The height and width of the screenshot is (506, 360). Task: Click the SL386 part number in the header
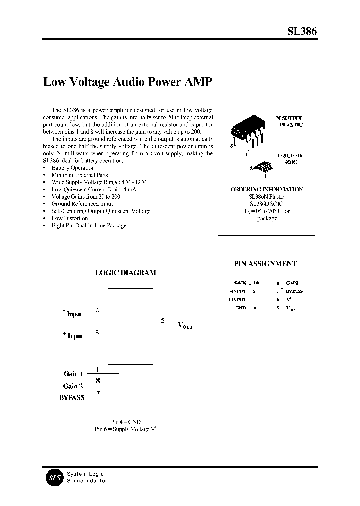click(302, 31)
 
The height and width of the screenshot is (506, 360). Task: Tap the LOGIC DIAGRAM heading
click(125, 273)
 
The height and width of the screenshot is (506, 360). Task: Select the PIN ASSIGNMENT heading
click(265, 264)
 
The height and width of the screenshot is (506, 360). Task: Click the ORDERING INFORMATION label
click(266, 190)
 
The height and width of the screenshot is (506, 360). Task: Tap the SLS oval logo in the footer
click(53, 477)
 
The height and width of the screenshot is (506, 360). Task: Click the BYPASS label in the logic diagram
click(72, 397)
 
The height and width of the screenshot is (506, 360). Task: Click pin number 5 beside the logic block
click(163, 320)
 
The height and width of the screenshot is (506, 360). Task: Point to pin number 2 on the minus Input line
click(97, 310)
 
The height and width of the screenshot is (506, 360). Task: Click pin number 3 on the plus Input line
click(97, 333)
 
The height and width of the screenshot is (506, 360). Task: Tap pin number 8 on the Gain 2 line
click(97, 381)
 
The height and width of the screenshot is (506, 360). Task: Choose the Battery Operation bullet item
click(73, 168)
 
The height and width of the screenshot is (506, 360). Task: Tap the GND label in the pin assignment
click(241, 308)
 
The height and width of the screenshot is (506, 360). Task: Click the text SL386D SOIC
click(266, 204)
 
